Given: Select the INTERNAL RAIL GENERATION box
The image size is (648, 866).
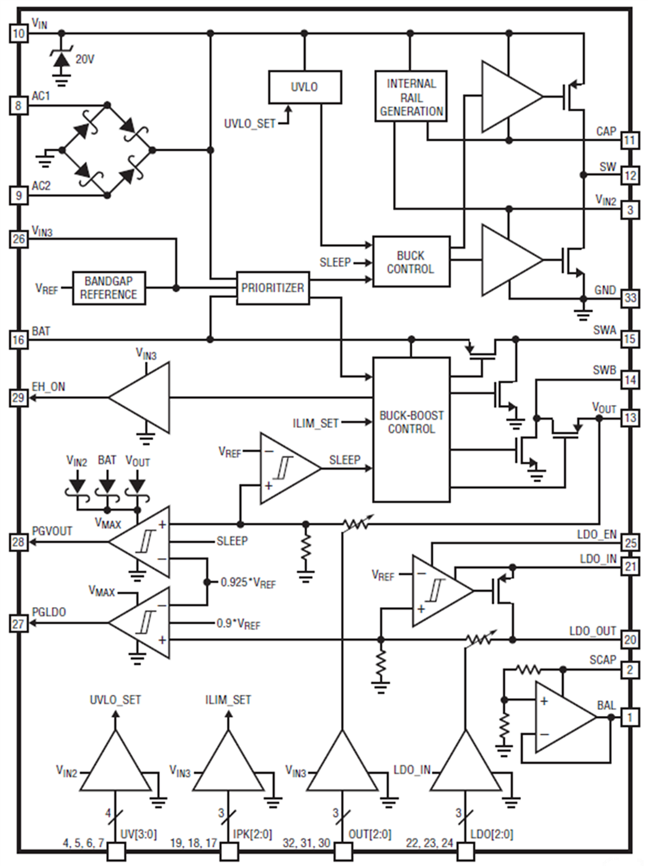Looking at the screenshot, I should pyautogui.click(x=411, y=97).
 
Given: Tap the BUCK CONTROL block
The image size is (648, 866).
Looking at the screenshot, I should pyautogui.click(x=410, y=262).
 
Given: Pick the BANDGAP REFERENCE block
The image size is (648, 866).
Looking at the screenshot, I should pyautogui.click(x=110, y=288).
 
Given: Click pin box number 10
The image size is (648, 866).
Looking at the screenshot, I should pyautogui.click(x=19, y=33).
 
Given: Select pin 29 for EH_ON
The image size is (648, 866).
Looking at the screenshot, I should pyautogui.click(x=19, y=397).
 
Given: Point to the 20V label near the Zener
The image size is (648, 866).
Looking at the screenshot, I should pyautogui.click(x=84, y=60).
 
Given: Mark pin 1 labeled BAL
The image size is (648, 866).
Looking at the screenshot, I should pyautogui.click(x=630, y=717).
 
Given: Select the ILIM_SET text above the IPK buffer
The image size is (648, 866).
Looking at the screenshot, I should pyautogui.click(x=228, y=699).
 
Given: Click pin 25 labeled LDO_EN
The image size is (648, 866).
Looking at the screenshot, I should pyautogui.click(x=630, y=543).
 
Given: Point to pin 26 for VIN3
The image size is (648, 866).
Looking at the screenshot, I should pyautogui.click(x=19, y=239).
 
